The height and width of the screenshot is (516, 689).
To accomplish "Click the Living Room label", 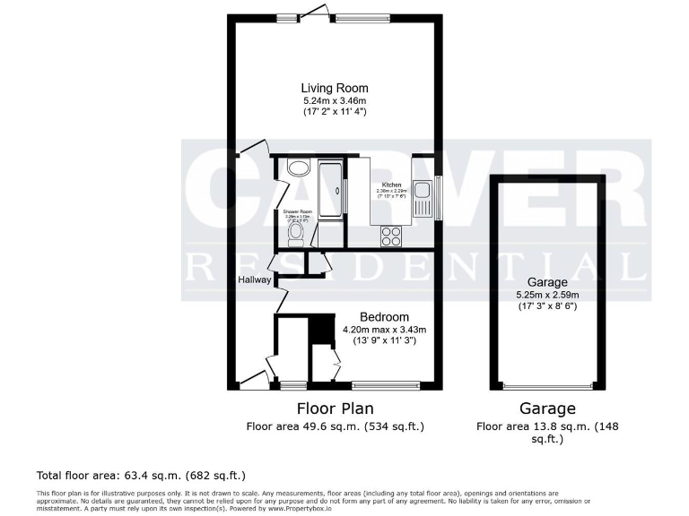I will tap(335, 88).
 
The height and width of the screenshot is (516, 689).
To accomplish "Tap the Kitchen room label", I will tap(390, 185).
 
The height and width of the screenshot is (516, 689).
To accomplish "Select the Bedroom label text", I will tap(384, 317).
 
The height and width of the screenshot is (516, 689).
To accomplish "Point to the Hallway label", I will tap(254, 280).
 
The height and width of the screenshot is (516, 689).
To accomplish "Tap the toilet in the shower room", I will tap(296, 232).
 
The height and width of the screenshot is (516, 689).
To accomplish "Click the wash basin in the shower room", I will tap(298, 168).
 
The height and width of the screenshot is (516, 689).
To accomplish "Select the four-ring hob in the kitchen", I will tap(392, 236).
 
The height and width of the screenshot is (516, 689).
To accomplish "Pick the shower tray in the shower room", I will tap(330, 189).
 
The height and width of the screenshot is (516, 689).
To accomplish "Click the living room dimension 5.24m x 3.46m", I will tap(335, 100).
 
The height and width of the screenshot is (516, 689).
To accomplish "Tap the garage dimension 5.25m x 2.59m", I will tap(547, 294).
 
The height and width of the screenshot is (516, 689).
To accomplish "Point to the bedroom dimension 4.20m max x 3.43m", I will tap(385, 329).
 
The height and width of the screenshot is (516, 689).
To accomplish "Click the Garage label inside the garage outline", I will tap(547, 281).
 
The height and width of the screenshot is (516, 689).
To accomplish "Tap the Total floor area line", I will tap(141, 475).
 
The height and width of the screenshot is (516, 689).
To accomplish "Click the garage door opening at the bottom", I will tap(547, 386).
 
